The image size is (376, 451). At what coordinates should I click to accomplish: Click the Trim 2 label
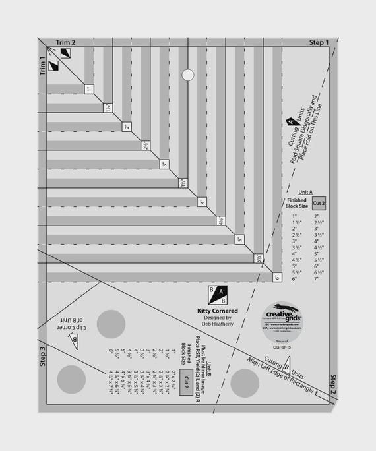tap(65, 42)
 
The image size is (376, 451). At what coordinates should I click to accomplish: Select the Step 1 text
tap(319, 42)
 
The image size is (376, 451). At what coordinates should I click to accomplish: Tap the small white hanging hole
tap(187, 75)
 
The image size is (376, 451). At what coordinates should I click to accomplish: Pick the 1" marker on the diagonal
tap(88, 88)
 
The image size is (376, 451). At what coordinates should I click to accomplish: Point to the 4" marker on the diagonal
tap(202, 202)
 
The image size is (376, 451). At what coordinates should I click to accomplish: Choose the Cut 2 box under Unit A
tap(319, 204)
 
